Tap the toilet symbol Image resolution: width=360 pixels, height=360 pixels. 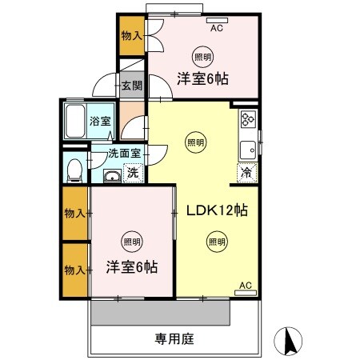coord(74,170)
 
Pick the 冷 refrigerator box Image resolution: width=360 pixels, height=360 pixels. coord(246,171)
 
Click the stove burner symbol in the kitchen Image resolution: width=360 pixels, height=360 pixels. coord(247,121)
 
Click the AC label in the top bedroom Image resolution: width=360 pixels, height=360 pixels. coord(216,28)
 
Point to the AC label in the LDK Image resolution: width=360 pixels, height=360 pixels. coord(246,285)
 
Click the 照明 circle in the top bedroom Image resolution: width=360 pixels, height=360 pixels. coord(202,57)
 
